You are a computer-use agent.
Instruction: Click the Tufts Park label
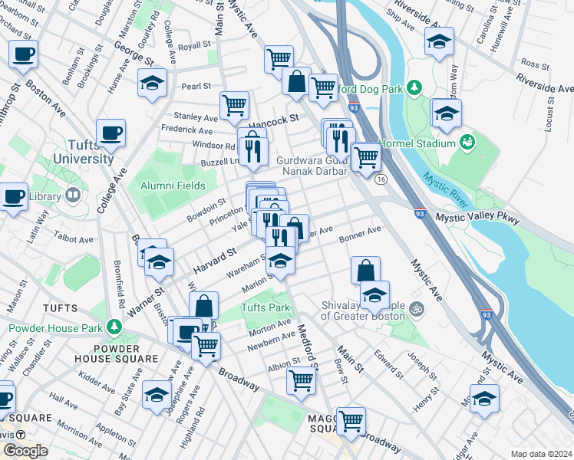pyautogui.click(x=266, y=308)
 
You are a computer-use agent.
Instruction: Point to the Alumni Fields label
pyautogui.click(x=173, y=186)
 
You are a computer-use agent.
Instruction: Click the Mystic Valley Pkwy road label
pyautogui.click(x=477, y=218)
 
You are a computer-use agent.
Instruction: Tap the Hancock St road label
pyautogui.click(x=272, y=120)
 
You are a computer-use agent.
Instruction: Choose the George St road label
pyautogui.click(x=130, y=54)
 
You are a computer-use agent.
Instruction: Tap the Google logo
pyautogui.click(x=25, y=451)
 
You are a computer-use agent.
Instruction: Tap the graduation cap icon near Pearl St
pyautogui.click(x=153, y=82)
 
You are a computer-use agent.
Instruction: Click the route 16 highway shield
pyautogui.click(x=381, y=179)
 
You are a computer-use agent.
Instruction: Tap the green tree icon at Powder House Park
pyautogui.click(x=114, y=327)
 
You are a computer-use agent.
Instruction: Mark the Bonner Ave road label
pyautogui.click(x=360, y=232)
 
